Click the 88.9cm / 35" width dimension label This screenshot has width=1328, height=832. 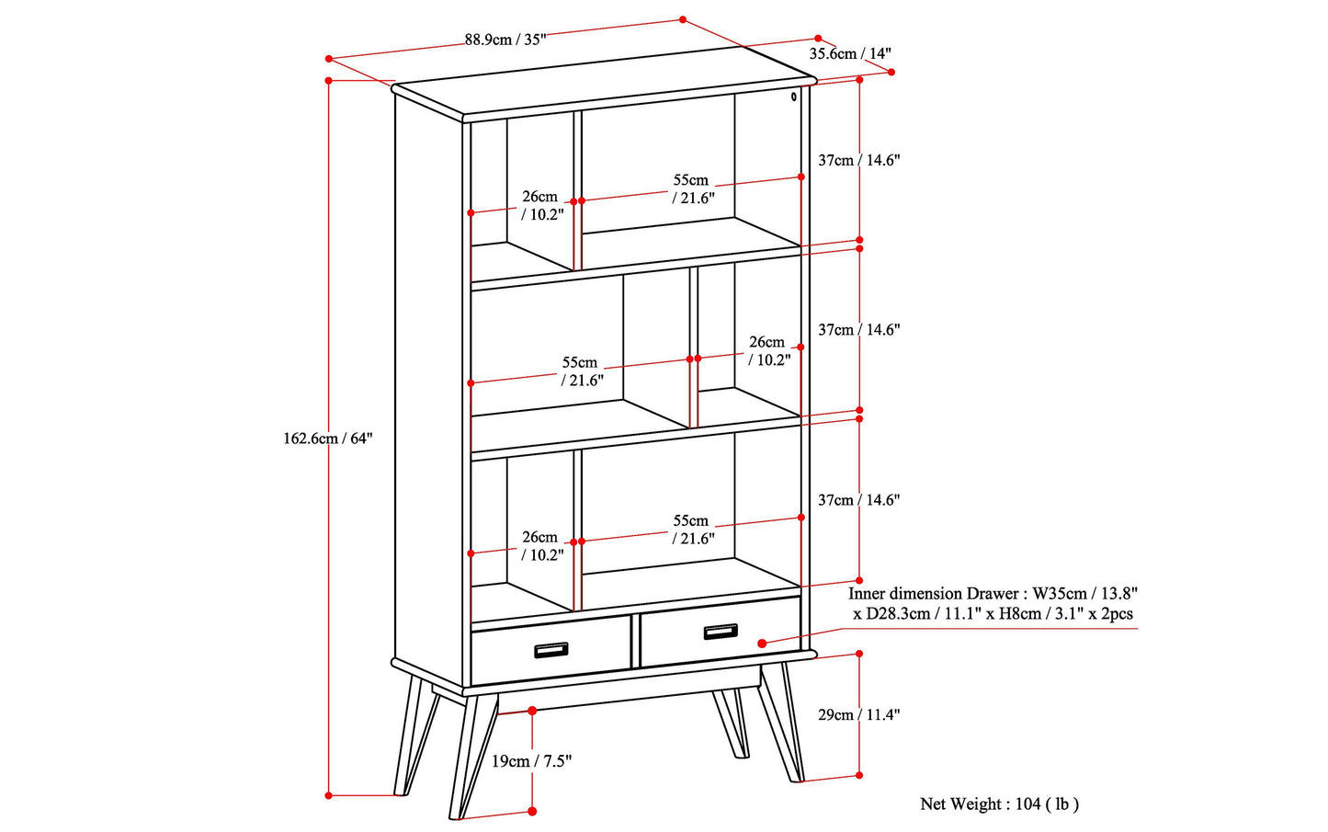coord(505,40)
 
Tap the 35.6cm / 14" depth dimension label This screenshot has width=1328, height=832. coord(849,54)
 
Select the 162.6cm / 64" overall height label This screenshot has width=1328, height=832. coord(327,439)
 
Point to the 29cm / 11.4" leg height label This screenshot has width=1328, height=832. coord(858,715)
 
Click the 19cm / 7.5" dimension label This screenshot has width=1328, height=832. coord(531,761)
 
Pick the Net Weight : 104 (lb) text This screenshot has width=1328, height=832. coord(999,804)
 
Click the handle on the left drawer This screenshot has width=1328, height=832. coord(551,650)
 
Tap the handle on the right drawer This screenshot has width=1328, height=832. coord(721,631)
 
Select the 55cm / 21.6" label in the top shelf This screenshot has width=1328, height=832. coord(692,189)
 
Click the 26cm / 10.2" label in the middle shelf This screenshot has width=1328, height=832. coord(768,351)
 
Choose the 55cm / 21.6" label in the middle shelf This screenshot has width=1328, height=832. coord(581,371)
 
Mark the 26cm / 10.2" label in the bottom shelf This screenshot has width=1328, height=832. coord(541,546)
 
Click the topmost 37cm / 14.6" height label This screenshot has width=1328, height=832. coord(858,160)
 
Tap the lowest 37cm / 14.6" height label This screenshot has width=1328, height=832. coord(858,500)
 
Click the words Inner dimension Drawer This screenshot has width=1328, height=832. coord(931,594)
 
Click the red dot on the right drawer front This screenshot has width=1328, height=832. coord(762,644)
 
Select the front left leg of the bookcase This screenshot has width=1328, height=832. coord(471,754)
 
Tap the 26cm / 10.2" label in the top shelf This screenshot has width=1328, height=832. coord(541,206)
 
